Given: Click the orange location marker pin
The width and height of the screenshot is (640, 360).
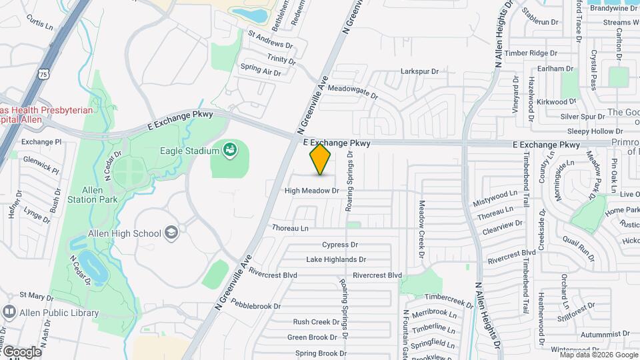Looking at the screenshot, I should [x=321, y=159].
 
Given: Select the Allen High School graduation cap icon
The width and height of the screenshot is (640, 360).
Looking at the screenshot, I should [x=172, y=233].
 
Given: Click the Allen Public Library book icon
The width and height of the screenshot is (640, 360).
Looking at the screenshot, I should [x=10, y=312].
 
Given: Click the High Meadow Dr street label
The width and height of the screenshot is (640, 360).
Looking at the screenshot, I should [x=312, y=191].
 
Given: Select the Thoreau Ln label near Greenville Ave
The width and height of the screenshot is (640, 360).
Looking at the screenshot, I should [x=290, y=228].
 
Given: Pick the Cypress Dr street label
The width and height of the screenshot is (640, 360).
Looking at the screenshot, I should [x=340, y=245].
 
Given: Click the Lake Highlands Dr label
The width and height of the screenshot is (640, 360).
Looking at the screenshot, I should [x=336, y=259].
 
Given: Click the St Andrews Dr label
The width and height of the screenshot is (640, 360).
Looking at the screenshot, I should [x=271, y=39].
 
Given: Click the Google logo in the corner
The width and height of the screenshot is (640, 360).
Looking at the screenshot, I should [x=21, y=351].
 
